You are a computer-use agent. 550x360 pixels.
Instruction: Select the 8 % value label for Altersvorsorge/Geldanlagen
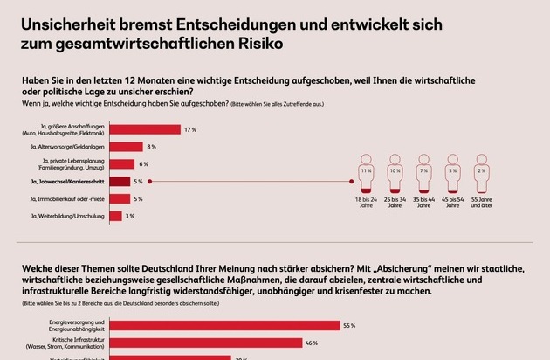[x=151, y=147]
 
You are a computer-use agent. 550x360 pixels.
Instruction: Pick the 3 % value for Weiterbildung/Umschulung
[x=129, y=215]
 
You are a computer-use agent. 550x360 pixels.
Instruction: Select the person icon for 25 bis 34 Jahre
[x=396, y=173]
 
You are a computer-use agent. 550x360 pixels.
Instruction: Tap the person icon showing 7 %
[x=425, y=173]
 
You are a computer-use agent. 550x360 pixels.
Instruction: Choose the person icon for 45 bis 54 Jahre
[x=453, y=173]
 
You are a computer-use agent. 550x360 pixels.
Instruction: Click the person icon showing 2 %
[x=482, y=173]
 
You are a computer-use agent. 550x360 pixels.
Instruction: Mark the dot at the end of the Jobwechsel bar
[x=150, y=181]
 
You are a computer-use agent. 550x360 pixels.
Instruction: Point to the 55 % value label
[x=349, y=325]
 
